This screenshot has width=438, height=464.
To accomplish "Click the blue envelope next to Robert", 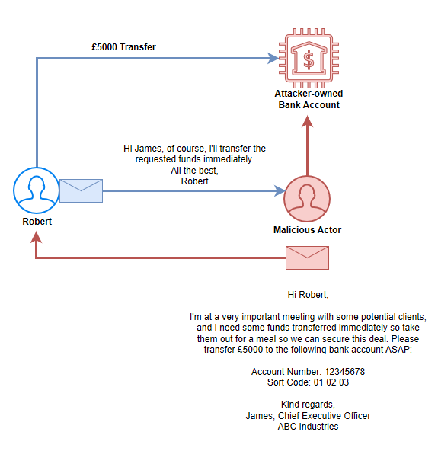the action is [81, 191].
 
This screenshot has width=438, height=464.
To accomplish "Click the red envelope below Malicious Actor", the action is [307, 258].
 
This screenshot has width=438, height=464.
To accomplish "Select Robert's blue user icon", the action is [37, 190].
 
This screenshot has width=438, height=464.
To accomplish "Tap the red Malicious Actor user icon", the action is [307, 199].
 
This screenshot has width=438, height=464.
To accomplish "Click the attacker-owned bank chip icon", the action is [309, 59].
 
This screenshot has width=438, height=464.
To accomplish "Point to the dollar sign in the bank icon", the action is [309, 59].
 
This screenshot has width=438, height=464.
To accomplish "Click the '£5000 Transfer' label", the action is [123, 47].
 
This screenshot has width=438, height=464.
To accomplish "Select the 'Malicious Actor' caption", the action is [307, 230].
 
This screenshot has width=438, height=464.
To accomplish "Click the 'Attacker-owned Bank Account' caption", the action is [309, 99].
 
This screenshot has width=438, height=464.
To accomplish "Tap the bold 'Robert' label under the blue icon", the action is [37, 222].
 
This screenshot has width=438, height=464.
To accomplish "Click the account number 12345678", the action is [345, 371].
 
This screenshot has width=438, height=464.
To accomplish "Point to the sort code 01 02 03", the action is [331, 382].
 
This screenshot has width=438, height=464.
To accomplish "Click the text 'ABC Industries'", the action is [308, 427].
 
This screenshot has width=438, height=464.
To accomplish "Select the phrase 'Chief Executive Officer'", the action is [324, 416].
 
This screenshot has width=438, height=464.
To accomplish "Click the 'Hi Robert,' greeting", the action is [308, 295].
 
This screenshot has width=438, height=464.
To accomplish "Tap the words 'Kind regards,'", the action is [308, 405].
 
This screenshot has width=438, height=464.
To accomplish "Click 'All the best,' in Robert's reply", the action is [194, 171].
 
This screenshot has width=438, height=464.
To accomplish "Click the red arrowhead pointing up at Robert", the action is [36, 237].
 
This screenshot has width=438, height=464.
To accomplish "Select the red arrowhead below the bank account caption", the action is [308, 121].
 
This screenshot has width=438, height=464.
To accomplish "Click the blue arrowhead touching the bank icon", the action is [273, 59].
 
